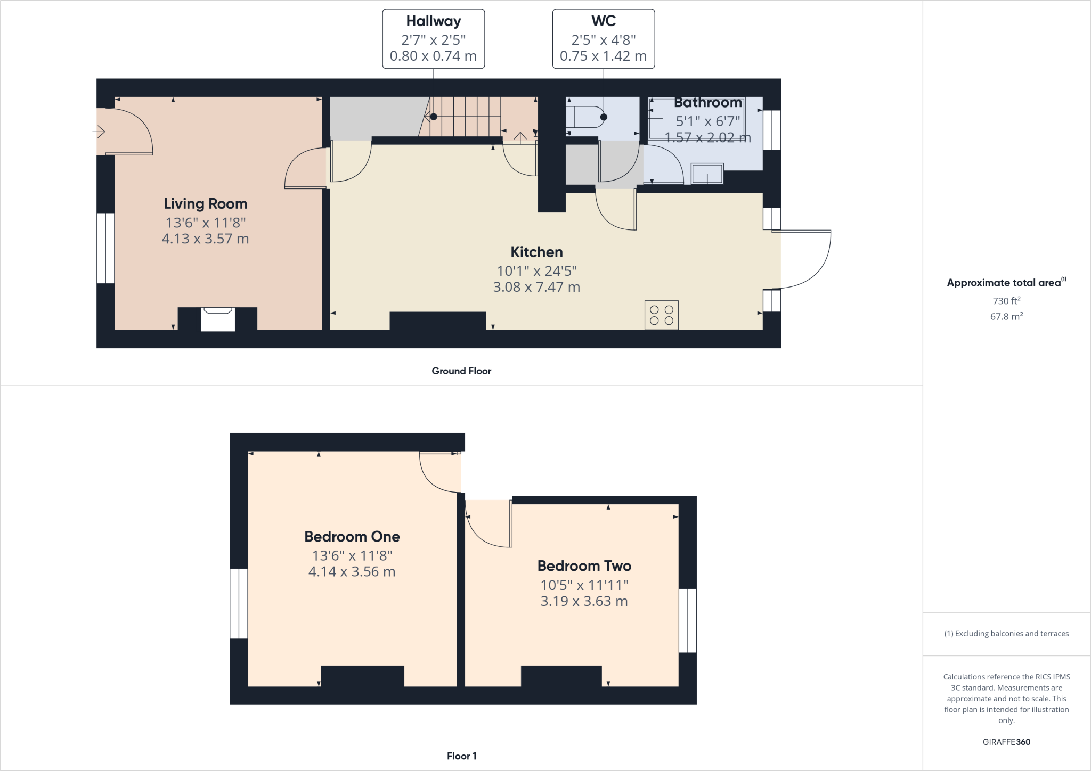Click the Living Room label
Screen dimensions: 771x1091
coord(205,204)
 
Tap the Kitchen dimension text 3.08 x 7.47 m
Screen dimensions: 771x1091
coord(536,287)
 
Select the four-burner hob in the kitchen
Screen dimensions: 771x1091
coord(662,315)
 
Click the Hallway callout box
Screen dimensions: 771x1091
coord(433,39)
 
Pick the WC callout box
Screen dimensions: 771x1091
coord(603,39)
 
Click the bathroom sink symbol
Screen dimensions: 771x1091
coord(707,174)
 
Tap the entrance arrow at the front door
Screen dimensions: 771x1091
coord(99,131)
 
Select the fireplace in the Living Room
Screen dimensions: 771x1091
coord(217,319)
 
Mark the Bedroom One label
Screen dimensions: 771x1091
coord(352,537)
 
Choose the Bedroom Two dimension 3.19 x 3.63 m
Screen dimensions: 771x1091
coord(584,601)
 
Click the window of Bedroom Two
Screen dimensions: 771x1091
coord(687,620)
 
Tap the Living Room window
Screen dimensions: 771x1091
coord(105,248)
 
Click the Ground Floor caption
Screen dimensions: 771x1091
coord(461,371)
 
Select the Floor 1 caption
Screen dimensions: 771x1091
coord(461,756)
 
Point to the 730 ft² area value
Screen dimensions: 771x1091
coord(1006,301)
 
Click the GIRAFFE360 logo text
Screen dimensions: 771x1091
coord(1006,742)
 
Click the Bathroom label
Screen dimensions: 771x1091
coord(707,103)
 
